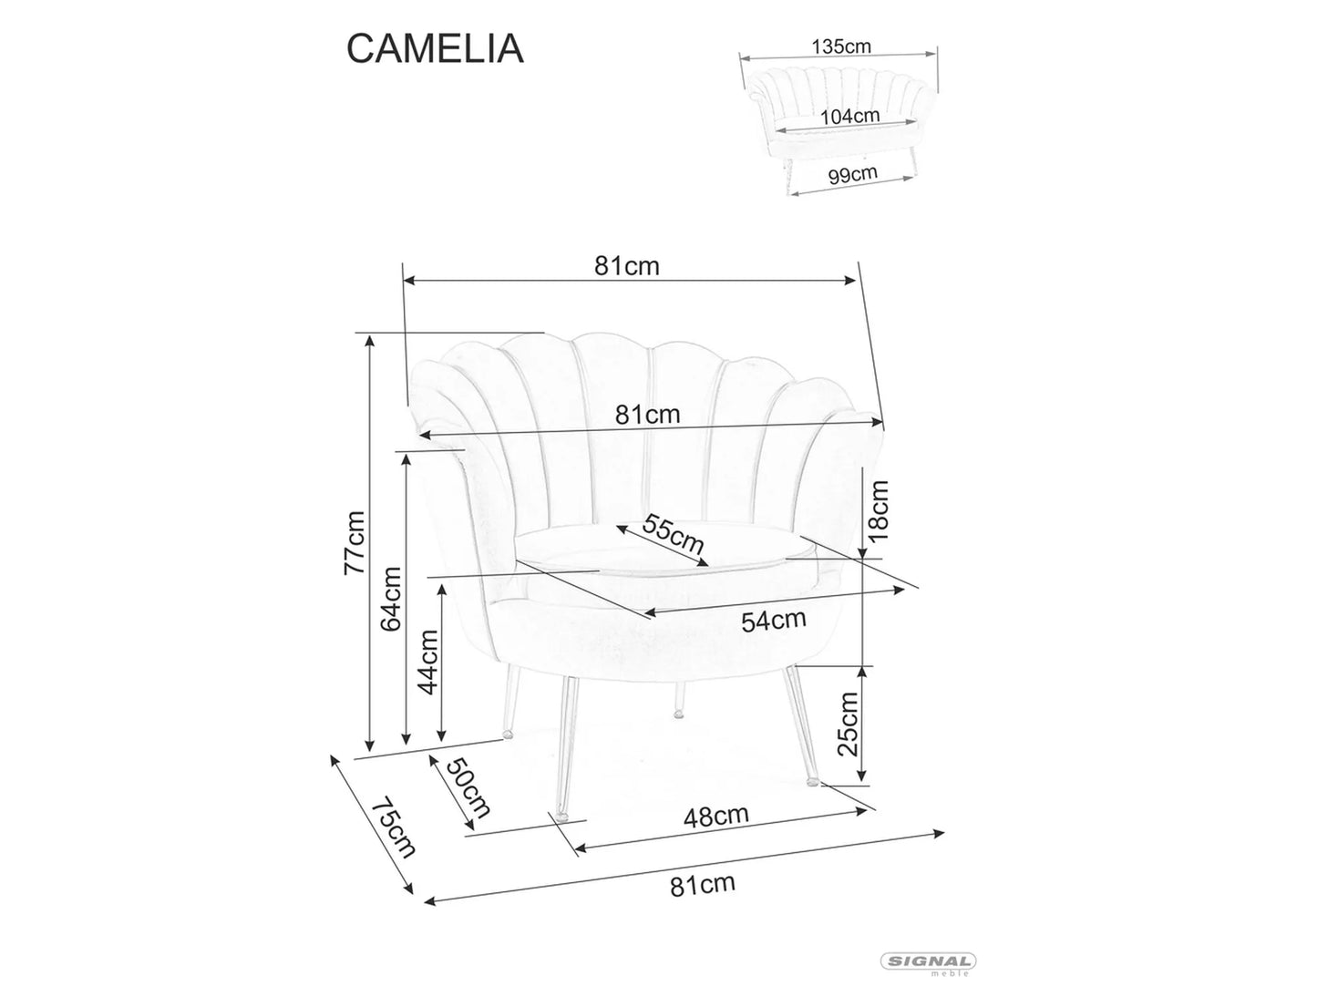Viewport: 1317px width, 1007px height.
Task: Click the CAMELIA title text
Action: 435,49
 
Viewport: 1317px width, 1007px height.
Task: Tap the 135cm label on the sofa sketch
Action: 841,46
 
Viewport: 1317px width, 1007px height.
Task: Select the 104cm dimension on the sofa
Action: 849,116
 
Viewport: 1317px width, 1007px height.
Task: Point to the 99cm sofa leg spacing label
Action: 852,173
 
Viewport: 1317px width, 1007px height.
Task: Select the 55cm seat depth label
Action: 673,535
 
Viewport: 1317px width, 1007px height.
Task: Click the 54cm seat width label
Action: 773,621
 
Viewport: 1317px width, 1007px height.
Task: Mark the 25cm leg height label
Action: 848,724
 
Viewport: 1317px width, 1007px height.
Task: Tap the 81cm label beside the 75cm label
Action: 702,884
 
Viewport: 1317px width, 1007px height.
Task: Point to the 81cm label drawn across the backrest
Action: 647,415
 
